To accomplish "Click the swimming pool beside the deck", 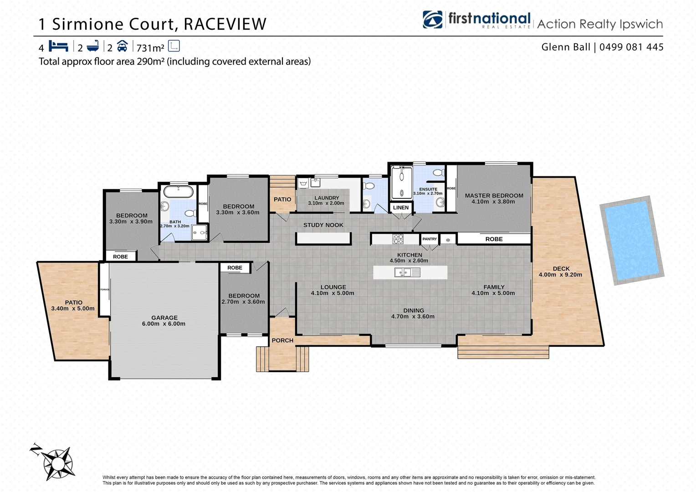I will pos(631,240).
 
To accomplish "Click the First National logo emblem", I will pos(432,20).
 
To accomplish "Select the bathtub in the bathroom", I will pos(178,191).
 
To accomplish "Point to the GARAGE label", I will pos(164,318).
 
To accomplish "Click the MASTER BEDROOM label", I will pos(494,195).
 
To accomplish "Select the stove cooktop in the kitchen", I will pos(398,239).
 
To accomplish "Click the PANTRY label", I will pos(429,239).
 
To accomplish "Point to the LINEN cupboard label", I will pos(401,208).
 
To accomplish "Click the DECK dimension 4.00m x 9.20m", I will pos(560,275).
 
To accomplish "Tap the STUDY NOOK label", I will pos(323,225).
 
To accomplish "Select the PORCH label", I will pos(282,340).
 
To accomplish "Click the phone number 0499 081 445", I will pos(631,47).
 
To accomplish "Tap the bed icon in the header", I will pos(58,46).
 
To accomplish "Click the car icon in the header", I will pos(122,46).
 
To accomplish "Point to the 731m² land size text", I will pos(150,48).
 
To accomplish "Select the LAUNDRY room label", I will pos(327,198).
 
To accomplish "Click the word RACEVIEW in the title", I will pos(225,24).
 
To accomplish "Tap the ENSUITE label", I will pos(428,189).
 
